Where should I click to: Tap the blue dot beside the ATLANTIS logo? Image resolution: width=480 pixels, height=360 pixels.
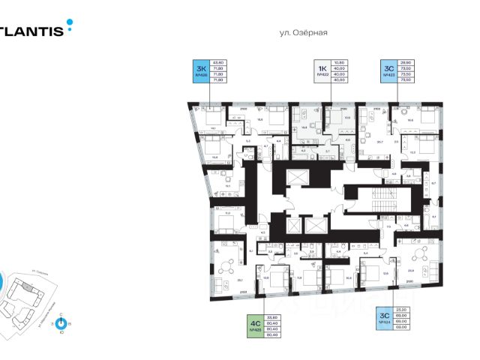tap(70, 23)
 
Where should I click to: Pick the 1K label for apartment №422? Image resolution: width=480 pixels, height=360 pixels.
tap(322, 71)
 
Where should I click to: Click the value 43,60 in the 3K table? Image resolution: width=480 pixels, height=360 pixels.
tap(220, 62)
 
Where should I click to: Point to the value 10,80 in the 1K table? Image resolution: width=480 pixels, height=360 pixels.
tap(339, 62)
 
